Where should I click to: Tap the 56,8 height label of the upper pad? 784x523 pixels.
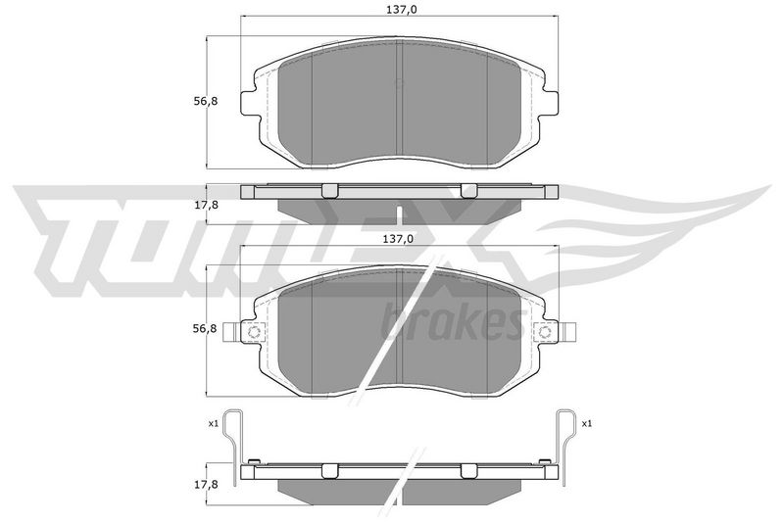(206, 101)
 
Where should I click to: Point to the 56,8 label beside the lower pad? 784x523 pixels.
(206, 329)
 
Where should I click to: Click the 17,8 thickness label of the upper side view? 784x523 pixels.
(206, 205)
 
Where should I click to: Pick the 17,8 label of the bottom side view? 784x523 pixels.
(206, 485)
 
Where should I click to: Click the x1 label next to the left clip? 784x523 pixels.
(214, 424)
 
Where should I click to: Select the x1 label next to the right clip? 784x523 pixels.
(586, 424)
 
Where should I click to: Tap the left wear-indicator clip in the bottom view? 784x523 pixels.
(233, 446)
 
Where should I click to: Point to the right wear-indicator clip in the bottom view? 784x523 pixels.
(565, 446)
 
